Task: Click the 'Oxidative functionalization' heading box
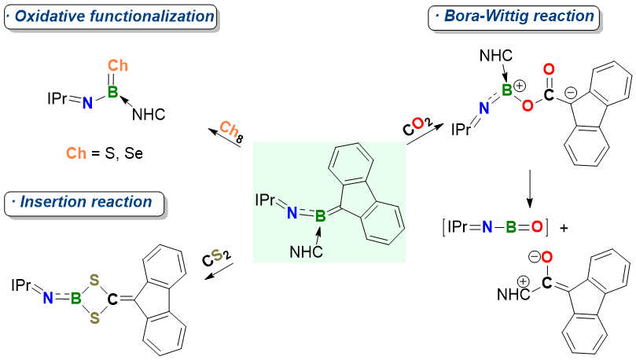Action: [x=110, y=17]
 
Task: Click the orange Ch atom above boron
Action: [x=118, y=67]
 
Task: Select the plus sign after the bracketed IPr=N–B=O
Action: [x=565, y=228]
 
